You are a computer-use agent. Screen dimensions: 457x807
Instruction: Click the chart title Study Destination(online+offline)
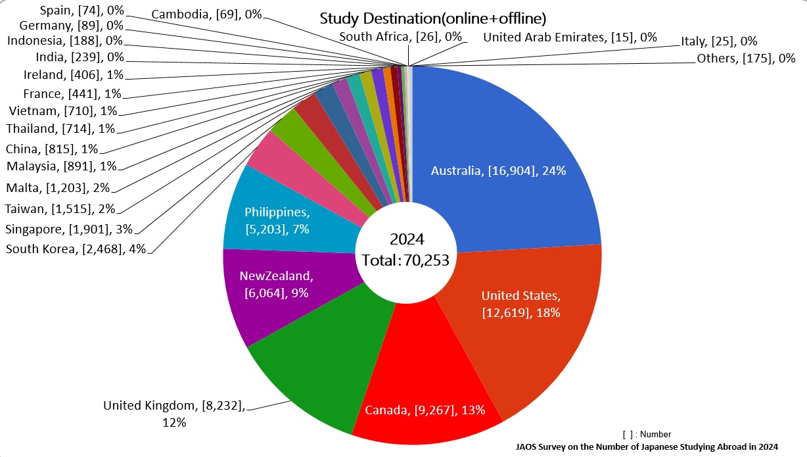coord(433,18)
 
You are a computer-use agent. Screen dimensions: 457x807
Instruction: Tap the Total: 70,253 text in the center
coord(405,260)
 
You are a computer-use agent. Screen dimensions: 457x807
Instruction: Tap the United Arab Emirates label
coord(570,37)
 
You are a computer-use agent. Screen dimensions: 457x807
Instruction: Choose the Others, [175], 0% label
coord(746,59)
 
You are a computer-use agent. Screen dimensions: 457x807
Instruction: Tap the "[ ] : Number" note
coord(646,434)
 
